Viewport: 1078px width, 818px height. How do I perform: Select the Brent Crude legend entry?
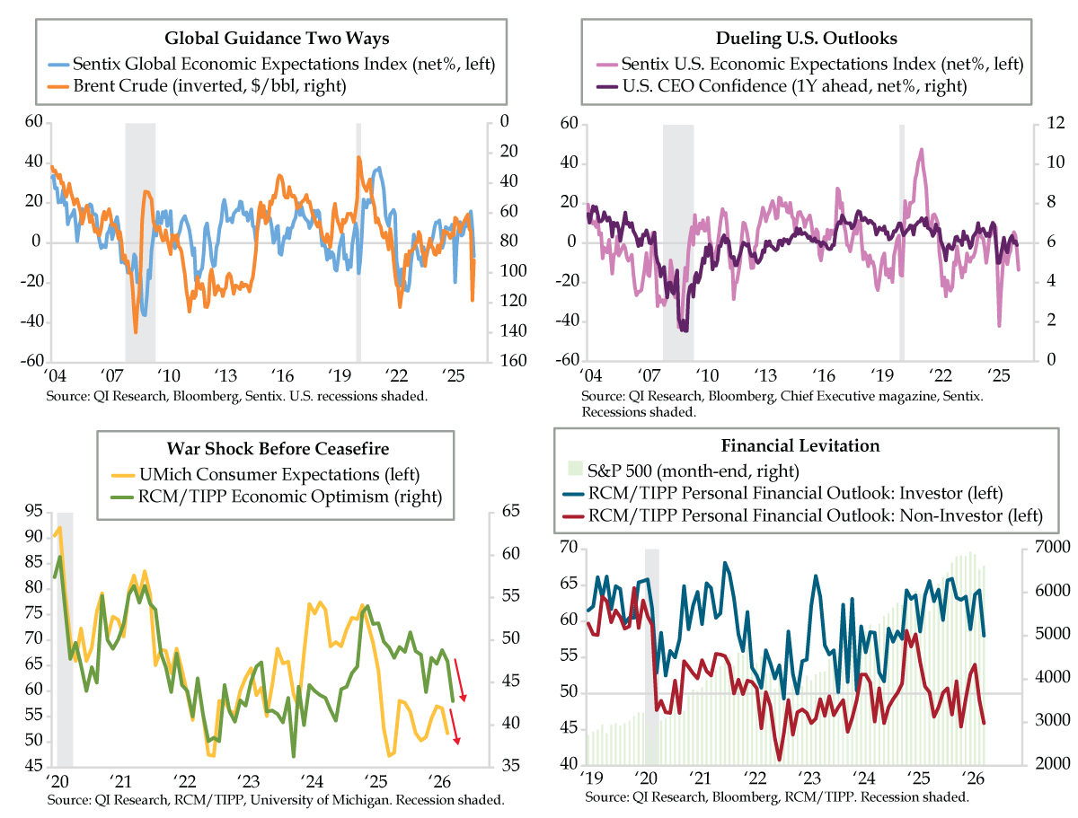click(x=196, y=85)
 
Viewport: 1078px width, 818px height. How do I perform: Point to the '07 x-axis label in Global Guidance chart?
click(x=113, y=375)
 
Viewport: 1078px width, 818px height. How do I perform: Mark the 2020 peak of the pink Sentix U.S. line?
click(x=921, y=151)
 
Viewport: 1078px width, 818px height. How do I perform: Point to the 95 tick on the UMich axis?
click(x=33, y=512)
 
